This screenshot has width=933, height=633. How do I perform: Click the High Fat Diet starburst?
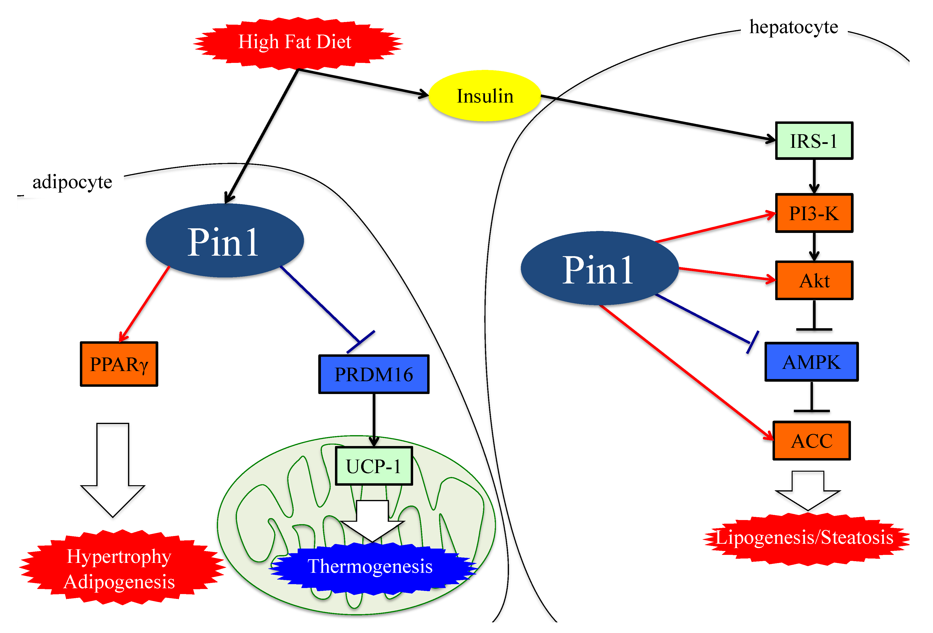point(297,43)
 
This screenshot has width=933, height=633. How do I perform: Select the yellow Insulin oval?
point(485,96)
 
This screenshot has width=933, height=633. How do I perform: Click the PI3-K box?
point(814,213)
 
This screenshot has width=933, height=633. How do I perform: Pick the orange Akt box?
point(814,280)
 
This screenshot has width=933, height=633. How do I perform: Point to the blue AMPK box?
point(811,362)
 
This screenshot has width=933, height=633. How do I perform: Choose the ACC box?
point(811,440)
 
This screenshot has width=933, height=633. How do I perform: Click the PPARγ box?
point(119,364)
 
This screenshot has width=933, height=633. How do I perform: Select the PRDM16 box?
point(374,374)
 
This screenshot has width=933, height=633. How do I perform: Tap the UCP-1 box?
point(374,466)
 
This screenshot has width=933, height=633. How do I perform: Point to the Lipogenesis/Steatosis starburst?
point(806,538)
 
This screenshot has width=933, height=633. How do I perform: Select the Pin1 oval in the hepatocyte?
point(599,268)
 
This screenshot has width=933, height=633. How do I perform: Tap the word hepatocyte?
point(794,27)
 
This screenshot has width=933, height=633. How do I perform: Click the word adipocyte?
point(72,183)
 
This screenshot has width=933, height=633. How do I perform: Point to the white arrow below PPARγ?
point(113,470)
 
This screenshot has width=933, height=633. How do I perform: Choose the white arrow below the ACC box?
point(808,491)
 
